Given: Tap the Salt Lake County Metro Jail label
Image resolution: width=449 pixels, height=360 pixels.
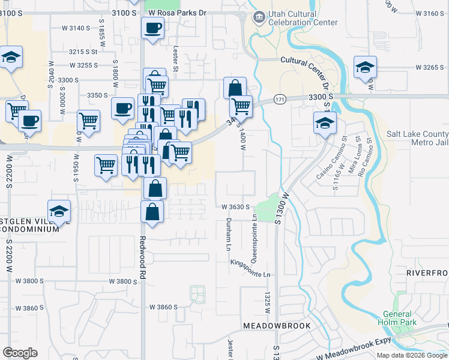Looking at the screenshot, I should coord(417,139).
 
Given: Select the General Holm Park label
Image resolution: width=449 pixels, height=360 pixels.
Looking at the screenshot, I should coord(396,318).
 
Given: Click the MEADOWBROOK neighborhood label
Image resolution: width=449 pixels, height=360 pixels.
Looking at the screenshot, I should coord(277,326).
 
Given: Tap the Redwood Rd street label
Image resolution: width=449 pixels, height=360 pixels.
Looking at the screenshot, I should coord(143,252).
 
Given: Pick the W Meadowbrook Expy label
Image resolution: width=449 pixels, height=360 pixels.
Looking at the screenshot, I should coord(354,350).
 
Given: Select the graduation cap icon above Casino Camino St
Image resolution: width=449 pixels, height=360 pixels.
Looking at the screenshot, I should coord(324,123).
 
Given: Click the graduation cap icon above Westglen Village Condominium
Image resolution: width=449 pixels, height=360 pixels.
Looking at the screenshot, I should coord(59,211).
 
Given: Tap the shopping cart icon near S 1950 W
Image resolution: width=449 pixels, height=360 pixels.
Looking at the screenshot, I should coord(88,120).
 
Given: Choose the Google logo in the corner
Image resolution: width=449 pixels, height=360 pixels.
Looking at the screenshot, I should coord(20,353).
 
